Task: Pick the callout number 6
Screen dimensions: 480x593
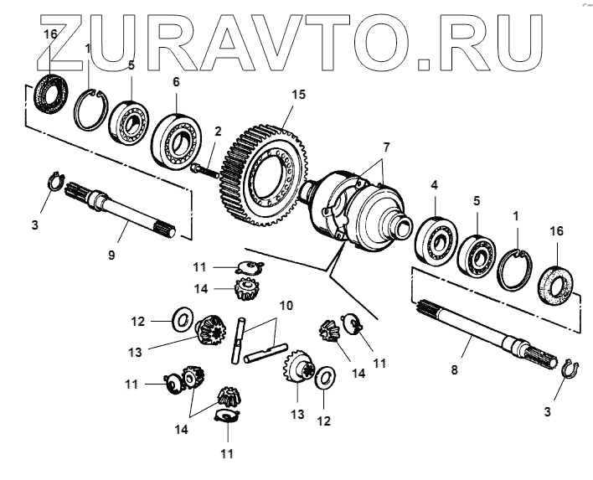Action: coord(175,82)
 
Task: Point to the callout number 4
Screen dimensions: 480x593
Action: coord(434,183)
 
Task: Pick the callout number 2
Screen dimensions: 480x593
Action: coord(217,131)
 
